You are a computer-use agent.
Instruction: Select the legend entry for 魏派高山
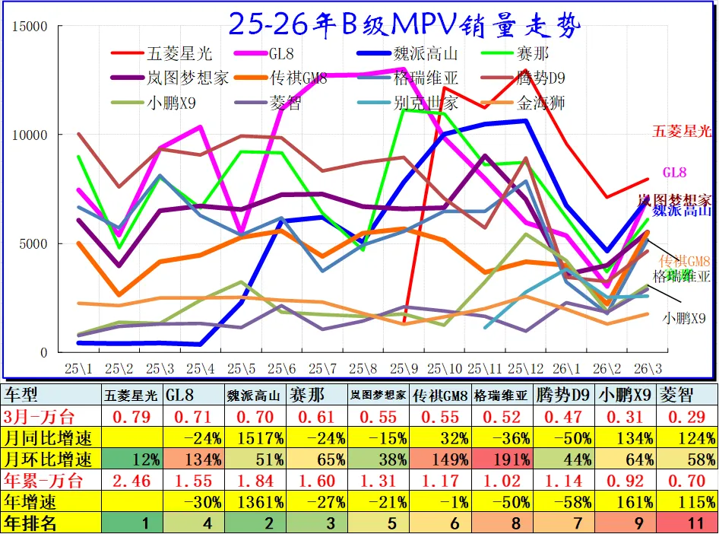[x=425, y=54]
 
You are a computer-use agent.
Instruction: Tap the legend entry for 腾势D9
[x=540, y=78]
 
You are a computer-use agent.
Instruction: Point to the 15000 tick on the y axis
[x=31, y=27]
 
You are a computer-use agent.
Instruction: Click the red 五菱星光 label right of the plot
[x=681, y=132]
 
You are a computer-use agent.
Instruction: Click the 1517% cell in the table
[x=255, y=438]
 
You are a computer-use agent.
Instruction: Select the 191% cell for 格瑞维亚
[x=502, y=459]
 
